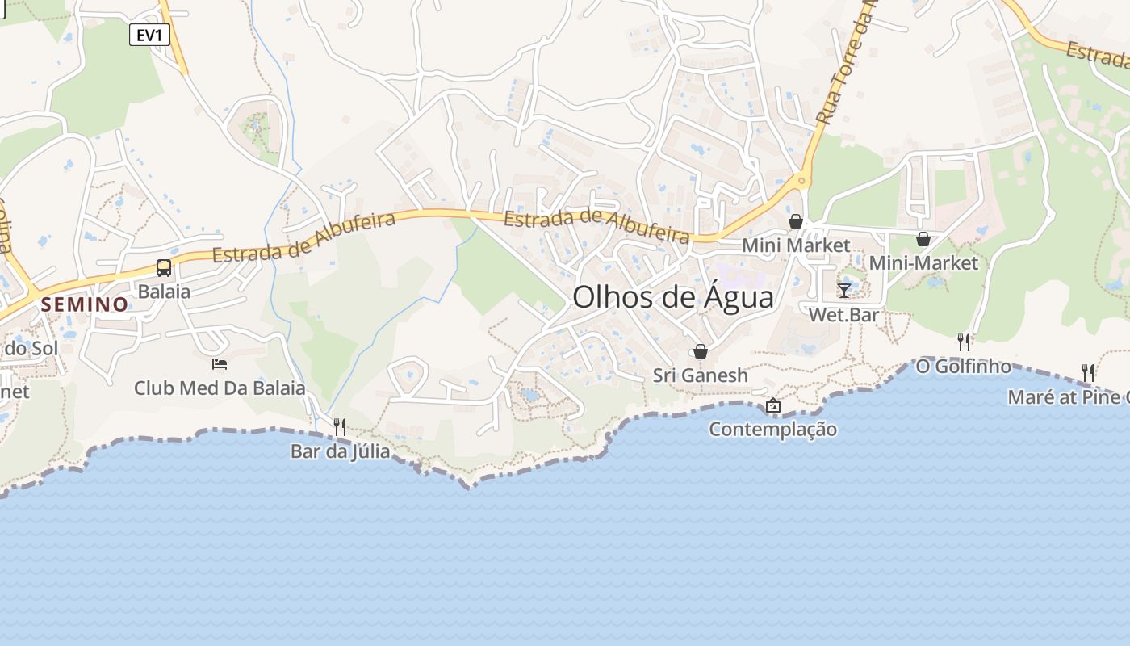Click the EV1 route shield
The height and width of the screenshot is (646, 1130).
149,35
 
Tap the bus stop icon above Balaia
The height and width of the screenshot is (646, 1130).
164,268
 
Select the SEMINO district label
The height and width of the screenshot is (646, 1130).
86,304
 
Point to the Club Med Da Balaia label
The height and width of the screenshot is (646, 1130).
220,388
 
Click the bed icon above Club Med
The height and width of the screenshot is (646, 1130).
220,364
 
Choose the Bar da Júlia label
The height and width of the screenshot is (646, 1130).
340,451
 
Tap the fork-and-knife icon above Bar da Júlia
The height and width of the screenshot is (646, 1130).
340,426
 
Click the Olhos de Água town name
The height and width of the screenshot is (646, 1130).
673,297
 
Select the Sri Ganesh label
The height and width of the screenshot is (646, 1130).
701,375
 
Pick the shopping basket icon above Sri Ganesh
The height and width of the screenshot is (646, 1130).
701,351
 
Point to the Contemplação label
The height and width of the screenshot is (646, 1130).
772,430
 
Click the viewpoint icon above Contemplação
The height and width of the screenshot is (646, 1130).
772,405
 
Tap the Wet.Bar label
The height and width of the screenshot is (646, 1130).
843,315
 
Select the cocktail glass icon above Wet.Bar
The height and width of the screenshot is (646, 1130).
844,290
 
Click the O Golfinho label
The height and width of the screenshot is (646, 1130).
963,367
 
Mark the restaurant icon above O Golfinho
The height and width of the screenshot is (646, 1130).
964,342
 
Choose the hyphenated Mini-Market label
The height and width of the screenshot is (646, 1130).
923,263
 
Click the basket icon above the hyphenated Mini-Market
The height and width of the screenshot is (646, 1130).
923,239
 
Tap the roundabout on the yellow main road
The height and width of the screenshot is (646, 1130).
801,181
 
